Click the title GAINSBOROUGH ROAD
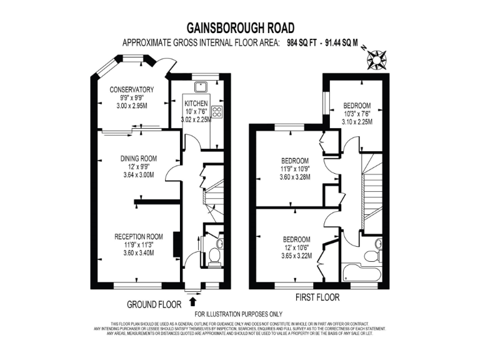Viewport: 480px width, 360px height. [241, 27]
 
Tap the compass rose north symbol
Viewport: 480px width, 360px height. [377, 61]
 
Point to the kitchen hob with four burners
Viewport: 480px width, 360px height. [217, 112]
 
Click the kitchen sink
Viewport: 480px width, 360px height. [201, 87]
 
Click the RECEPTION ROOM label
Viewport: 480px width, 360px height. [139, 236]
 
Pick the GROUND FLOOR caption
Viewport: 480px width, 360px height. [154, 304]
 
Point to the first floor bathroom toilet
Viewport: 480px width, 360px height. [372, 257]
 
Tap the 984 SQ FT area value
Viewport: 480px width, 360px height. [304, 43]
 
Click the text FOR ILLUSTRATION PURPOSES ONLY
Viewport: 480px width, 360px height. [239, 314]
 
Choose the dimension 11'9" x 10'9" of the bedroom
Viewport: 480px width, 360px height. [294, 168]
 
